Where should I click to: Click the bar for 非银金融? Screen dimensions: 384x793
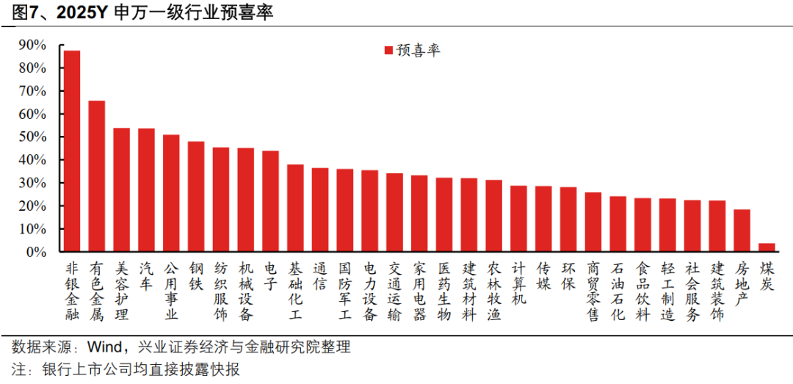pyautogui.click(x=72, y=151)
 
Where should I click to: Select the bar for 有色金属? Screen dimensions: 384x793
pyautogui.click(x=97, y=176)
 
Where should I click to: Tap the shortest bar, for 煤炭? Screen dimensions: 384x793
pyautogui.click(x=767, y=247)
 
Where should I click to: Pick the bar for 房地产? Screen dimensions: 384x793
pyautogui.click(x=742, y=231)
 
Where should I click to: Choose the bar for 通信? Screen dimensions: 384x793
pyautogui.click(x=320, y=210)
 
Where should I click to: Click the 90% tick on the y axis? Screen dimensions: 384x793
pyautogui.click(x=34, y=46)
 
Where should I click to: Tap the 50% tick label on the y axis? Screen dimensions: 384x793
pyautogui.click(x=34, y=137)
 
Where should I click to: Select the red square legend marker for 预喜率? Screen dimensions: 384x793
pyautogui.click(x=388, y=51)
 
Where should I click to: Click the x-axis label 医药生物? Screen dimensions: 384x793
pyautogui.click(x=444, y=291)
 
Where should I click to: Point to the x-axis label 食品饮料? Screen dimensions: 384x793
pyautogui.click(x=642, y=291)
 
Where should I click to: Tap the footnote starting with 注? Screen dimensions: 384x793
pyautogui.click(x=125, y=369)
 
